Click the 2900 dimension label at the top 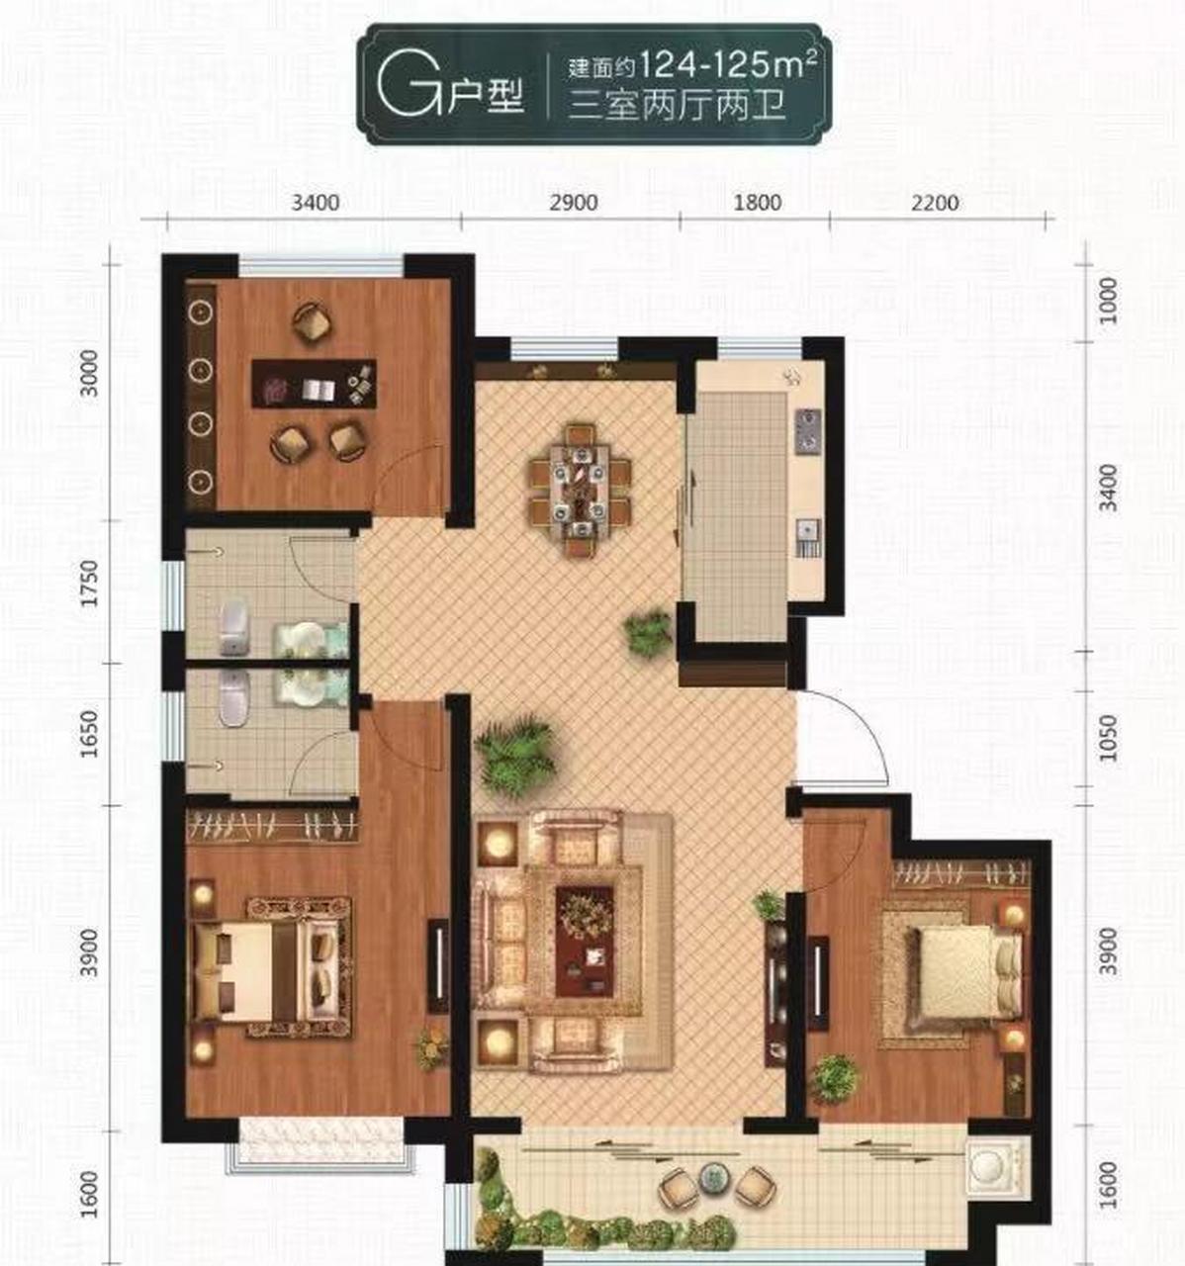[x=574, y=203]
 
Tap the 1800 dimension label [x=758, y=203]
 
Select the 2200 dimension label [x=935, y=203]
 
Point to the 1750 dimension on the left [x=90, y=584]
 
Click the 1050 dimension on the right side [x=1108, y=738]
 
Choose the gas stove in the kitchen [x=808, y=431]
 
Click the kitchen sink [x=807, y=535]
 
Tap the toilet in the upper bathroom [x=233, y=627]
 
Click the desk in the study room [x=314, y=384]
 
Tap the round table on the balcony [x=714, y=1177]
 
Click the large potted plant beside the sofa [x=514, y=755]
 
